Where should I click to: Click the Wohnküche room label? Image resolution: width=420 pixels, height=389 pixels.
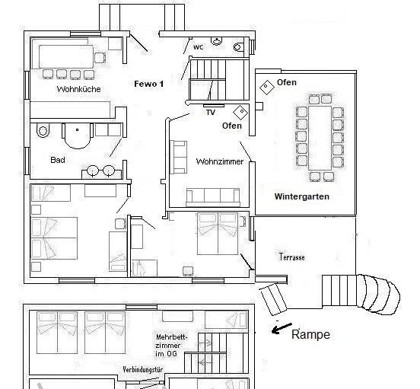coord(78,90)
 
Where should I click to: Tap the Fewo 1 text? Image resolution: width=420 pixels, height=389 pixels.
coord(149,84)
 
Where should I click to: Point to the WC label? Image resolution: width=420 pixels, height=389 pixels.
coord(198,46)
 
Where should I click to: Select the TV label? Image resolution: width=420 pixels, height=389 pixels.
coord(211,112)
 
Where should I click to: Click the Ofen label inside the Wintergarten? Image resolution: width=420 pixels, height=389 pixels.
coord(287,82)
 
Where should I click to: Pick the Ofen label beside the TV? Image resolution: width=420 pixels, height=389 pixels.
coord(231,126)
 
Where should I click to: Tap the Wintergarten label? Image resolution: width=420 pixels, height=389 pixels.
coord(301,196)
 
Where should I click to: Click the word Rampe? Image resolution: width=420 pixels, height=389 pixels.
coord(312,334)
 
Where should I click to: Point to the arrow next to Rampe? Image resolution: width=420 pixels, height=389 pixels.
coord(281,329)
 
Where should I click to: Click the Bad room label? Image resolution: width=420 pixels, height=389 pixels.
coord(58,160)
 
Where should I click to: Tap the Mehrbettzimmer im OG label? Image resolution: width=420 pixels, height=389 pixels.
coord(172,344)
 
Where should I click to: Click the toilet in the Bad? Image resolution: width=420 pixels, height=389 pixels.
coord(43,131)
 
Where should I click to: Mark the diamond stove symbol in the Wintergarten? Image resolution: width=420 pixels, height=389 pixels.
coord(266,86)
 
